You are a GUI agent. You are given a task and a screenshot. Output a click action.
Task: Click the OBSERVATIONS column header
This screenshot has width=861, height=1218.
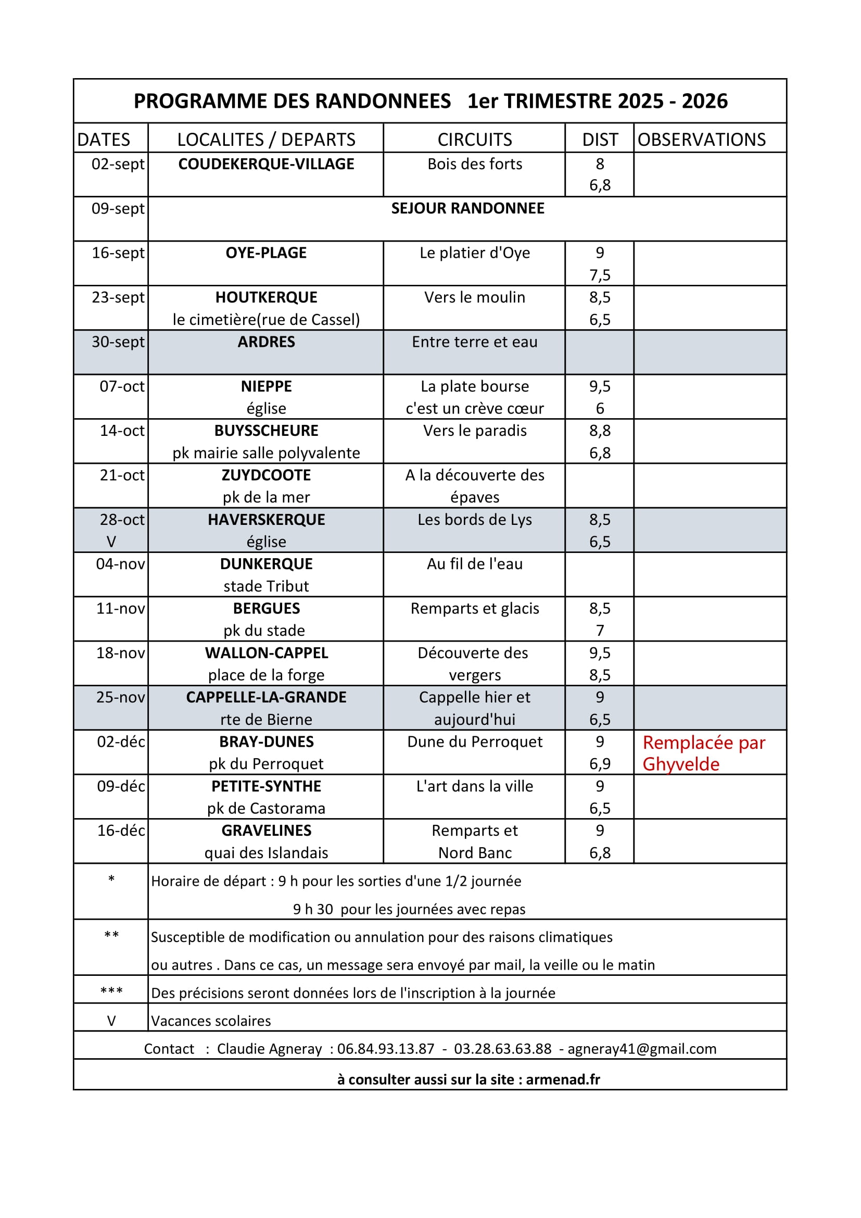pos(701,140)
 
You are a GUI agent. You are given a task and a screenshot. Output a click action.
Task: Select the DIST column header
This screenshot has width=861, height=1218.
pos(600,140)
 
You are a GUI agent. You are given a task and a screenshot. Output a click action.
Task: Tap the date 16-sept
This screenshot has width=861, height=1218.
pos(118,253)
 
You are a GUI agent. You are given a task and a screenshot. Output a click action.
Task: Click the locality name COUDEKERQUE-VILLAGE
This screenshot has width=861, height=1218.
pos(266,164)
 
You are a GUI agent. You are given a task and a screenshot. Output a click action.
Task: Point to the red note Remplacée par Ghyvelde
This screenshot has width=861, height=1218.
pos(704,754)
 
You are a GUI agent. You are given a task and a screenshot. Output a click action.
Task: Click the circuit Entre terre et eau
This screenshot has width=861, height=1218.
pos(475,342)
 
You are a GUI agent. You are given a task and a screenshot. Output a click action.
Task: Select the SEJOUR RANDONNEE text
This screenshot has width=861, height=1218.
pos(467,208)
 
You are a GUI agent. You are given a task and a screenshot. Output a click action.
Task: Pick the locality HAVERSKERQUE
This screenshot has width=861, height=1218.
pos(266,519)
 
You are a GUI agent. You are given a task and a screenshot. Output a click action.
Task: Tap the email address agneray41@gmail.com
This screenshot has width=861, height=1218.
pos(641,1049)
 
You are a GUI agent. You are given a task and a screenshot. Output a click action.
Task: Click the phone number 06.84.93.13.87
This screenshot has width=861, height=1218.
pos(385,1049)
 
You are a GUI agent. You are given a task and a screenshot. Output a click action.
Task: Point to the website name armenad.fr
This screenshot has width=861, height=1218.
pos(563,1079)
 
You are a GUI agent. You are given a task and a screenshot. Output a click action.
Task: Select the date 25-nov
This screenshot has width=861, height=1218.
pos(120,697)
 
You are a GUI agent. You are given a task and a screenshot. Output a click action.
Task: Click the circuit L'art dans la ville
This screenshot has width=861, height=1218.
pos(475,786)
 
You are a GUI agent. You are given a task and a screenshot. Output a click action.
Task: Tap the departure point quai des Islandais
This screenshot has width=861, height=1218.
pos(266,852)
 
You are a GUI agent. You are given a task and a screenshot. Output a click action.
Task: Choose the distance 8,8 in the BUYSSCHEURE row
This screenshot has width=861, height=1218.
pos(600,431)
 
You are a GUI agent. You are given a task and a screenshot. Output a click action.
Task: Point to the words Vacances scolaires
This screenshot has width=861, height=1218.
pos(211,1021)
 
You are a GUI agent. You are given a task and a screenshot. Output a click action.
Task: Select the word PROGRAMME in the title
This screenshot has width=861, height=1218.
pos(199,102)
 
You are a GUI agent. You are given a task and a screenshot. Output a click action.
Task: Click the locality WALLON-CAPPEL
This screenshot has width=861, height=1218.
pos(266,652)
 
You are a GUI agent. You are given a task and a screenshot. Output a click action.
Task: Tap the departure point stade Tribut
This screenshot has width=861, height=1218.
pos(266,586)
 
